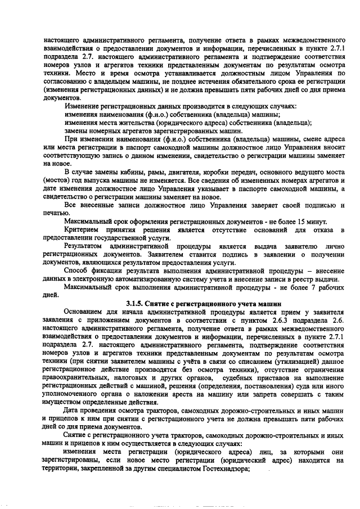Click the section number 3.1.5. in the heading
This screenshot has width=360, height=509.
tap(137, 301)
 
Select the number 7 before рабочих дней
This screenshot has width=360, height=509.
tap(308, 286)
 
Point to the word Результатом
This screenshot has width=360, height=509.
tap(84, 246)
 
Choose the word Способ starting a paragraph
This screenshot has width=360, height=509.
tap(77, 271)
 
